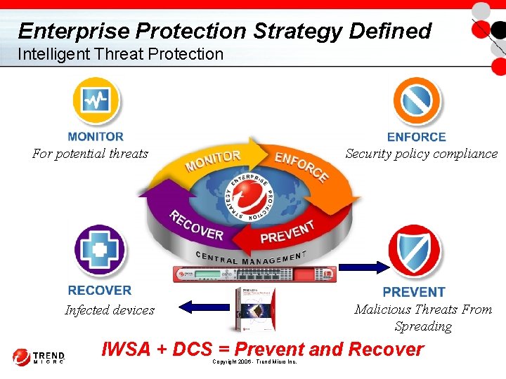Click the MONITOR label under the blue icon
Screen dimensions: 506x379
pos(96,137)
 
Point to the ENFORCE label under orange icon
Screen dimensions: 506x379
pos(416,138)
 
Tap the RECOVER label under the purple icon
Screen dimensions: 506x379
pos(99,290)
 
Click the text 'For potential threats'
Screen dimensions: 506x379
pos(90,154)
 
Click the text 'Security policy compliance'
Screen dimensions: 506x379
pos(421,154)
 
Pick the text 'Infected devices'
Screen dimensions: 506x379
pos(110,310)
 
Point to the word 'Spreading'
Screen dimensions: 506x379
pos(423,326)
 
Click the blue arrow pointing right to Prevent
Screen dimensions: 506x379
pos(363,267)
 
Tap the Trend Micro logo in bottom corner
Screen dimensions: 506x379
pos(39,357)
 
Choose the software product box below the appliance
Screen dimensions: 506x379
pos(254,308)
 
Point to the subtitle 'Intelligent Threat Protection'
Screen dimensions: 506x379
pos(120,54)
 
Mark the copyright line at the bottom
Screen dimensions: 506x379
pos(254,361)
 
